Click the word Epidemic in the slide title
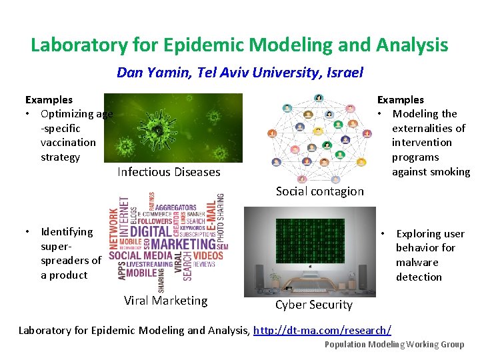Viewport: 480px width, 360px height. click(167, 45)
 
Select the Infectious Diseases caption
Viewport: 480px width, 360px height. click(169, 172)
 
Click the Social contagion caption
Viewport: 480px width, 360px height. click(319, 191)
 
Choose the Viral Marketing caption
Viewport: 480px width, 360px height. click(165, 301)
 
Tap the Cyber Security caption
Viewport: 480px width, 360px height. click(313, 305)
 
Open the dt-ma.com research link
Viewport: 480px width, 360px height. click(322, 330)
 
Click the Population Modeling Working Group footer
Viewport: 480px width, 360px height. click(394, 345)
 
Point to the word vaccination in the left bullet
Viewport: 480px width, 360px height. click(68, 143)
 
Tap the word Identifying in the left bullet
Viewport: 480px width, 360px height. click(67, 231)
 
